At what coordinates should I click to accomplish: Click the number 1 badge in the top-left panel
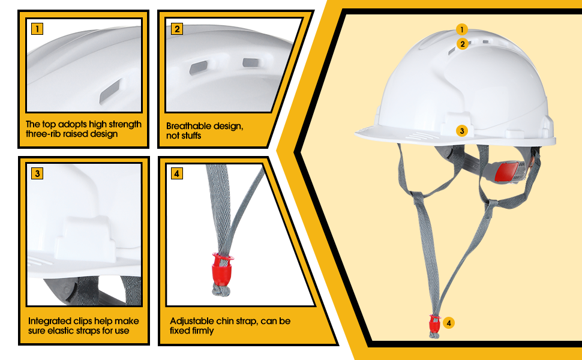tap(37, 28)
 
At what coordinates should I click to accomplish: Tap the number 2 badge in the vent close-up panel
tap(176, 29)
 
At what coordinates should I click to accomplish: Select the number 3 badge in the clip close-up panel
tap(37, 174)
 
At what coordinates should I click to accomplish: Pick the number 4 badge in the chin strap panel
tap(176, 174)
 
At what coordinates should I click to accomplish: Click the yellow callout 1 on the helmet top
tap(461, 29)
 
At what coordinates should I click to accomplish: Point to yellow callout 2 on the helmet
tap(461, 44)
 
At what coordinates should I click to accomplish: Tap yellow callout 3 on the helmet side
tap(461, 130)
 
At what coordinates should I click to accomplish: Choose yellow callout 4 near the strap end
tap(448, 323)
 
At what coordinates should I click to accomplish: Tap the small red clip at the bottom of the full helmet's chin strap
tap(434, 324)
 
